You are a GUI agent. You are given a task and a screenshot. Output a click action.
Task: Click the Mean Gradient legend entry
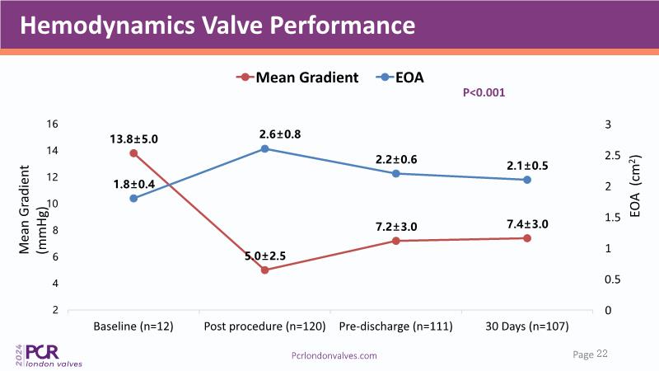(x=297, y=77)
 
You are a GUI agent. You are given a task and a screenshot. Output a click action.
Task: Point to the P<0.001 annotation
(x=484, y=93)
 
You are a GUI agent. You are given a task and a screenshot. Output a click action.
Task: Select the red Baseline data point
(x=133, y=153)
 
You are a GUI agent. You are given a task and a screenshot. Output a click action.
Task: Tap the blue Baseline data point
(x=133, y=198)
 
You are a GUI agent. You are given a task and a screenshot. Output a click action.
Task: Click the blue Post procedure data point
(x=264, y=148)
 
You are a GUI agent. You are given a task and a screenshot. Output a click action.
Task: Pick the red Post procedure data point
(x=264, y=270)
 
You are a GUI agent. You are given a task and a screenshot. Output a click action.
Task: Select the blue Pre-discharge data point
(x=395, y=173)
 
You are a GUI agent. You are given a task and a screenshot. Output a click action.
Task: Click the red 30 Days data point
(x=527, y=238)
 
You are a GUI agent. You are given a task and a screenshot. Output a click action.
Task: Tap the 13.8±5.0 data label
(x=133, y=139)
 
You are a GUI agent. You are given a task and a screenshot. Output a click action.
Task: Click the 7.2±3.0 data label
(x=396, y=225)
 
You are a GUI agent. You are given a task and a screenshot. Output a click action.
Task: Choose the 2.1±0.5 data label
(x=527, y=165)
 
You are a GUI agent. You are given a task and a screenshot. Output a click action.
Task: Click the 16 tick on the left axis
(x=52, y=124)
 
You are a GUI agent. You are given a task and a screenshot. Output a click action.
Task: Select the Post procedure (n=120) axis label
(x=264, y=327)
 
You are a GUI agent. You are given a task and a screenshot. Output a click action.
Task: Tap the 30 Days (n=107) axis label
(x=527, y=327)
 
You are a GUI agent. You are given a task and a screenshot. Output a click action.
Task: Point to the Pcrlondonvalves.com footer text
(x=334, y=355)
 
